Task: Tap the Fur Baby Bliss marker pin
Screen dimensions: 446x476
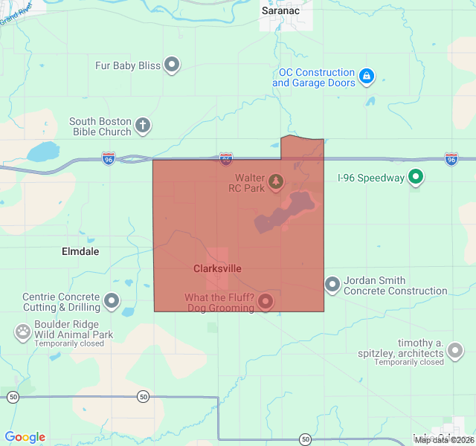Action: pos(173,65)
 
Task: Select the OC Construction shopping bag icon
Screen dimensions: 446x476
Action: pos(366,77)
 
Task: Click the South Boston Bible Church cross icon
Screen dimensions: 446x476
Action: pos(143,126)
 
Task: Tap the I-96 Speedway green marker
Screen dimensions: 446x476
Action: pos(416,178)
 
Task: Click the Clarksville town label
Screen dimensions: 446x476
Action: pos(217,268)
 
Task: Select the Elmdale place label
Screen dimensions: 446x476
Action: pos(80,251)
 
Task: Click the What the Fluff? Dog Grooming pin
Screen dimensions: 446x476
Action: pos(266,302)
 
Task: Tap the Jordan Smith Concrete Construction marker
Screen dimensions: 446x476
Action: pos(332,285)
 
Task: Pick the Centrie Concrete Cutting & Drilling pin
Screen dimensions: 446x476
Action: pos(112,301)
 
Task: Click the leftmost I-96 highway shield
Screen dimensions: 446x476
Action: pos(109,158)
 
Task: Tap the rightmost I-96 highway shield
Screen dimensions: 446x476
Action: pos(451,158)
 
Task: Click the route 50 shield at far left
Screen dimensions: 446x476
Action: pos(13,397)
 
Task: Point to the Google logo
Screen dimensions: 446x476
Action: pos(25,437)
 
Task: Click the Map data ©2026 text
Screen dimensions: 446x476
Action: pos(443,440)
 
